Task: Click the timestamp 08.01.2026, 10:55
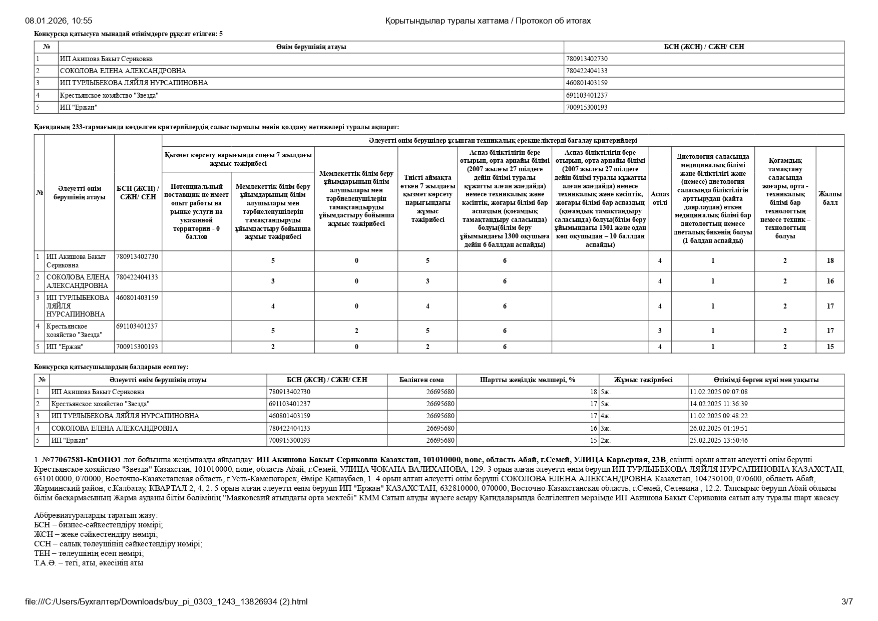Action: coord(59,21)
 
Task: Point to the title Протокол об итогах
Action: coord(553,21)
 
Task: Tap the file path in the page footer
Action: coord(166,601)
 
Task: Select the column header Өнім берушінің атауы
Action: coord(311,47)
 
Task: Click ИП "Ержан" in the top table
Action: coord(79,107)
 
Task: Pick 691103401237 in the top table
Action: coord(587,95)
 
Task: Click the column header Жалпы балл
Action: coord(829,198)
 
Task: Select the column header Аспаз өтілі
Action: coord(659,198)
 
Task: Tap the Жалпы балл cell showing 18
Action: coord(830,260)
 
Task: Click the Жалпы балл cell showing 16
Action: coord(830,281)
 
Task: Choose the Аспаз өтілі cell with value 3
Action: coord(660,331)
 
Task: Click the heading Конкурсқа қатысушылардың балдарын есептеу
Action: coord(111,367)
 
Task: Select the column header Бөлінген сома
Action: coord(421,380)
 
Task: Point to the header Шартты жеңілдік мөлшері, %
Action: coord(528,380)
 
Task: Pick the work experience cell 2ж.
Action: coord(605,440)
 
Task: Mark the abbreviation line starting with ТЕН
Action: coord(89,553)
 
